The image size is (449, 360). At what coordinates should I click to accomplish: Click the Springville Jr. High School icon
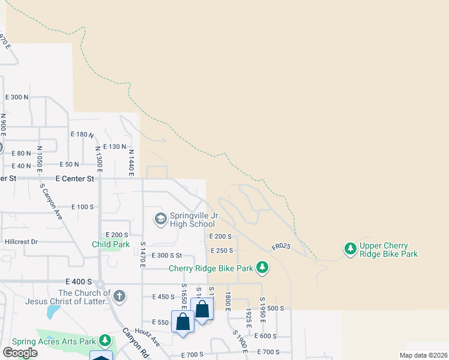point(160,218)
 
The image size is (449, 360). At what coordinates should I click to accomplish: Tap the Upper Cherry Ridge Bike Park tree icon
point(350,248)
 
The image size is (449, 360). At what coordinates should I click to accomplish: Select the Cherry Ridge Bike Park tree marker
point(262,266)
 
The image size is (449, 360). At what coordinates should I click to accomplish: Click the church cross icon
point(119,295)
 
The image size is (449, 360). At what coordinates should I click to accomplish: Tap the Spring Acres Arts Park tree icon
point(106,341)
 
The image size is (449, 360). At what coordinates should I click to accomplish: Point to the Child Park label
point(110,244)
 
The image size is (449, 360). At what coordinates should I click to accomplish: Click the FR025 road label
point(281,247)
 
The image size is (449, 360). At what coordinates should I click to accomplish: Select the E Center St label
point(74,178)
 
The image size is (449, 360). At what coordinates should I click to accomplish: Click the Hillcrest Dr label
point(21,242)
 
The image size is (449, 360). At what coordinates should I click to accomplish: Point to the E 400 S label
point(79,281)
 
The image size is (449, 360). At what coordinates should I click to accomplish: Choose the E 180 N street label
point(83,134)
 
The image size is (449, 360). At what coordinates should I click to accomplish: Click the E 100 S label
point(82,207)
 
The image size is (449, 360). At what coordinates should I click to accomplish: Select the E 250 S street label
point(221,250)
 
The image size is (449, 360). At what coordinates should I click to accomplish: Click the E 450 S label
point(163,296)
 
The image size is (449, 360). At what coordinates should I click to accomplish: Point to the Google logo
point(20,353)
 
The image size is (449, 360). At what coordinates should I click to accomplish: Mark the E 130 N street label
point(115,146)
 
